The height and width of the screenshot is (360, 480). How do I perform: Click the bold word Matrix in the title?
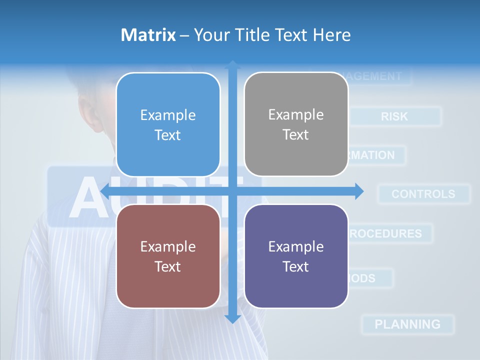[148, 35]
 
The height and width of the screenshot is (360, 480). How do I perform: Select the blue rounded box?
[168, 124]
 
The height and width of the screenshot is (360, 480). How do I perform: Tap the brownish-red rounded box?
[168, 256]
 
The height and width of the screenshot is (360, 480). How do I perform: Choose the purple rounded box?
[296, 256]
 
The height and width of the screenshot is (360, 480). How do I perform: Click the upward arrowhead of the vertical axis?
[232, 65]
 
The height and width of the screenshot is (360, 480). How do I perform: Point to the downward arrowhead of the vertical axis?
[232, 318]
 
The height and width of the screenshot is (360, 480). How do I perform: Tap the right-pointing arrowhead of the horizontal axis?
[358, 191]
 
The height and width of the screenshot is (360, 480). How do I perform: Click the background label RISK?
[394, 116]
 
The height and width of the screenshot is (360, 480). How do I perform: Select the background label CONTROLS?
[423, 194]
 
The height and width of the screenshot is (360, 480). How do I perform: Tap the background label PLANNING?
[407, 324]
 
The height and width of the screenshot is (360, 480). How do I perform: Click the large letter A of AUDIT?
[90, 197]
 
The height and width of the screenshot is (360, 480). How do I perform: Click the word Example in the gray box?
[296, 114]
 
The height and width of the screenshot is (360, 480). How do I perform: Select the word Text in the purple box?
[296, 266]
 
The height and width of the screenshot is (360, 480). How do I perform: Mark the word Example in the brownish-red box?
[168, 246]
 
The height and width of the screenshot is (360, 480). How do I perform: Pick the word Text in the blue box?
[168, 135]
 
